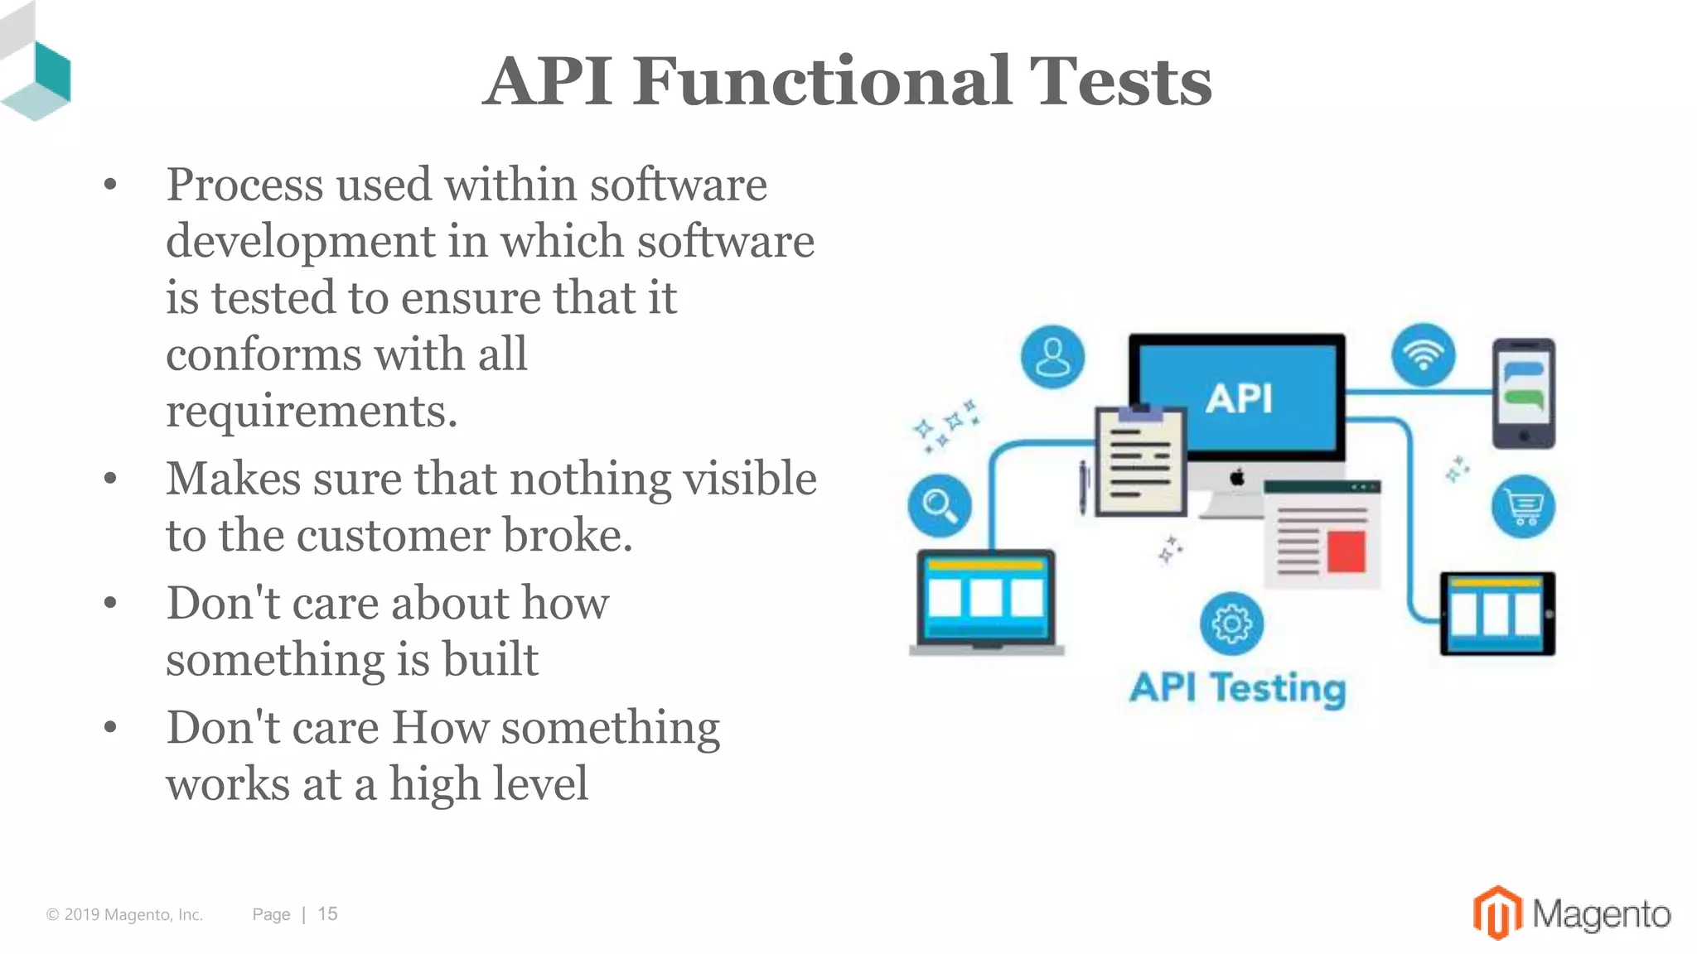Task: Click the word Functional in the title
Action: click(821, 81)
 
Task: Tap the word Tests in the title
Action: click(1119, 81)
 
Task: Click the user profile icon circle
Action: click(1052, 357)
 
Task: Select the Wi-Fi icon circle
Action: click(1423, 354)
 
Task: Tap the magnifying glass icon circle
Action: click(940, 505)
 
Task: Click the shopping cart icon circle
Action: click(1523, 506)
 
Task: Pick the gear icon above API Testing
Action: click(1231, 624)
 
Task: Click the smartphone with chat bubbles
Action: click(1523, 393)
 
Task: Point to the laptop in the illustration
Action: click(986, 601)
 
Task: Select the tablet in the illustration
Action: click(1496, 614)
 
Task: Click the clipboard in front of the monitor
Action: click(1140, 461)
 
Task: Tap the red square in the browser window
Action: click(1346, 552)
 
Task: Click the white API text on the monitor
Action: click(1239, 399)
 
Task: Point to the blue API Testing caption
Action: click(1237, 688)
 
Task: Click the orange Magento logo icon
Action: click(1496, 913)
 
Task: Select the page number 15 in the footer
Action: click(327, 913)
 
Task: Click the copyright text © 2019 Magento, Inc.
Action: click(124, 914)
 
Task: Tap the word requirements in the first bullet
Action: click(311, 411)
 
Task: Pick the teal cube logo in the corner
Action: click(37, 79)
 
